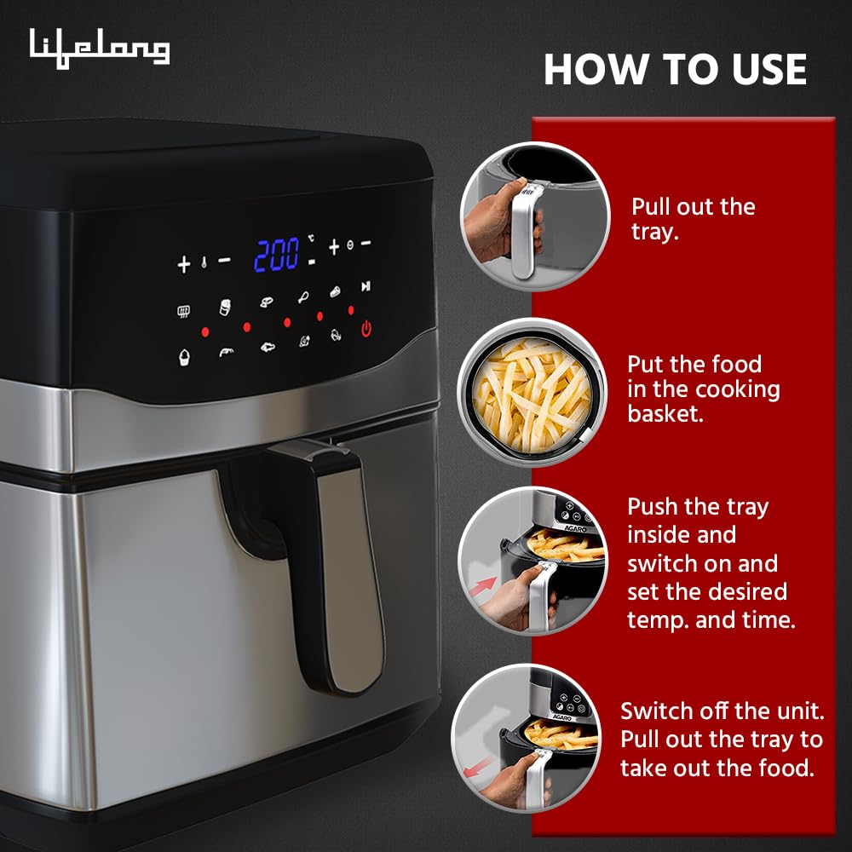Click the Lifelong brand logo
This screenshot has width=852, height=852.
point(100,48)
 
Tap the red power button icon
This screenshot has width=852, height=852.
point(366,328)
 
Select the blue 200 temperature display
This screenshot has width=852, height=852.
point(277,254)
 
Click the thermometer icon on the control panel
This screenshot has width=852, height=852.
point(204,263)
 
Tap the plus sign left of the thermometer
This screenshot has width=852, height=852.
point(183,264)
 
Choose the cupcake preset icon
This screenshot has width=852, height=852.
point(183,355)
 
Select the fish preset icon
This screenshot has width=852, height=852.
point(268,348)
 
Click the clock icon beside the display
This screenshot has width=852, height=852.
point(350,245)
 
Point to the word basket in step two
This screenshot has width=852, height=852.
point(662,413)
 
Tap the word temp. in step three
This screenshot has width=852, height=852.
point(657,619)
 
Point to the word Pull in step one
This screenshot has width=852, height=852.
point(650,206)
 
